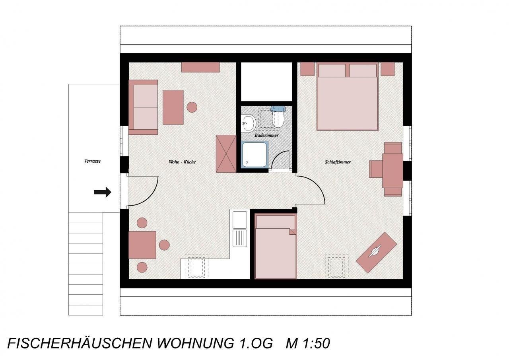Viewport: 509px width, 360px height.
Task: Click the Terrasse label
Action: tap(93, 161)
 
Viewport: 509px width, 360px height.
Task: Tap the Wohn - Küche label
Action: tap(182, 162)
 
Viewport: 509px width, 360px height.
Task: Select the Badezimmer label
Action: tap(266, 136)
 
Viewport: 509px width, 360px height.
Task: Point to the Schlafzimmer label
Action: tap(338, 162)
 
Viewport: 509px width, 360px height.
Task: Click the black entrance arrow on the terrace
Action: tap(103, 192)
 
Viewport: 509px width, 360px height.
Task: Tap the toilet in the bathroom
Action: tap(278, 117)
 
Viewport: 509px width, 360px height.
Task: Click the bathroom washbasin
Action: tap(248, 123)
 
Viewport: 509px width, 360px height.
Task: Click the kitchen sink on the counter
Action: tap(240, 229)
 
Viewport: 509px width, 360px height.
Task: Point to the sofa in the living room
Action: tap(143, 107)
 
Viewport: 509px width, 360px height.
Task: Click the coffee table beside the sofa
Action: tap(173, 107)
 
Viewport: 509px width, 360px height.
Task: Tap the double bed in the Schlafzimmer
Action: tap(347, 96)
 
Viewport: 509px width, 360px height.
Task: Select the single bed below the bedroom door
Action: tap(276, 246)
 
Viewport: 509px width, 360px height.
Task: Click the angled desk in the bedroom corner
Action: tap(376, 252)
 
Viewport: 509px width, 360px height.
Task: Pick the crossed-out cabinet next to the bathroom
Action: tap(226, 154)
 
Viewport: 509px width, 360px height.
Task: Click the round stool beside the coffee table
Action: tap(192, 107)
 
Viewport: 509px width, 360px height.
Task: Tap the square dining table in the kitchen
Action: tap(142, 245)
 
